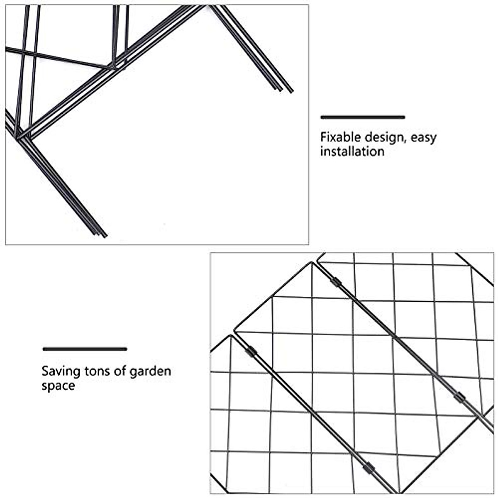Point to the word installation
click(x=352, y=151)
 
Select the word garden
click(x=150, y=371)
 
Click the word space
click(x=58, y=386)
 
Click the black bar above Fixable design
click(x=362, y=117)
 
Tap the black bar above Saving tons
click(x=85, y=349)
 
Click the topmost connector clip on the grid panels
click(x=336, y=282)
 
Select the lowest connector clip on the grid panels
click(x=368, y=468)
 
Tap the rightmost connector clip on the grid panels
click(x=459, y=397)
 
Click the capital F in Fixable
click(x=323, y=137)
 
